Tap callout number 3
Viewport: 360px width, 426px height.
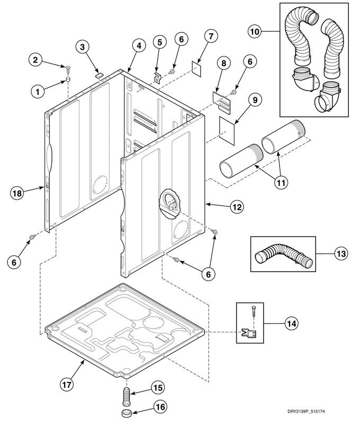coord(83,48)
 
